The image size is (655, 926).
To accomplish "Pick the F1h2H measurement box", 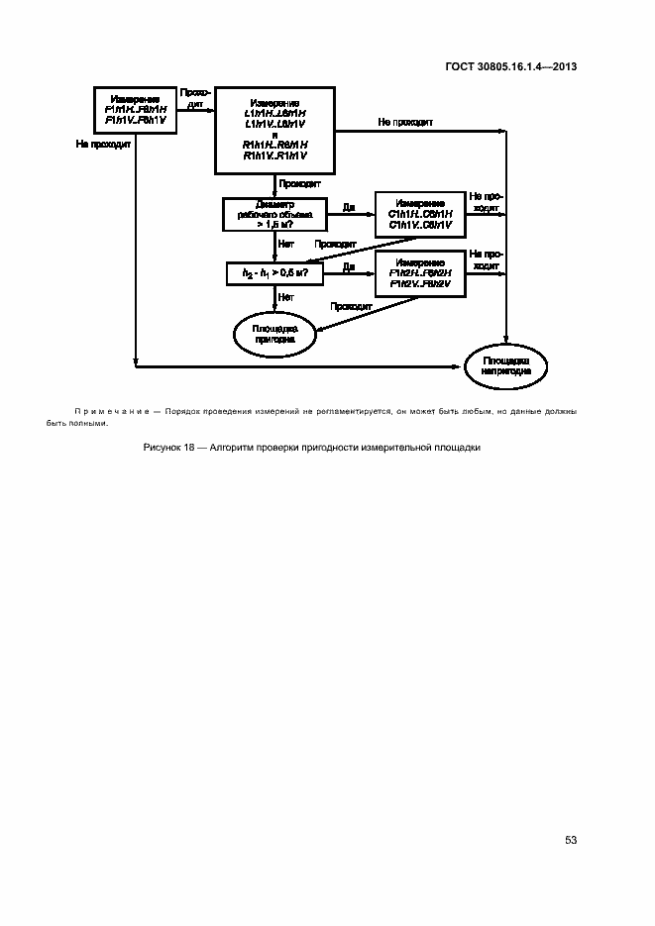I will point(420,272).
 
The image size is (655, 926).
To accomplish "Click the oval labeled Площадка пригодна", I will point(273,333).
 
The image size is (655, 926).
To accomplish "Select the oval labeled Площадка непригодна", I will point(507,366).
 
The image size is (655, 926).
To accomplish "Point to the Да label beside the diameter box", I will point(349,207).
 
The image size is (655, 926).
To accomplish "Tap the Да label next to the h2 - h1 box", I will point(349,266).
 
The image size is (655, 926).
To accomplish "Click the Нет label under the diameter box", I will point(285,244).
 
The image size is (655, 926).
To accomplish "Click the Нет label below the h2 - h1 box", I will point(285,296).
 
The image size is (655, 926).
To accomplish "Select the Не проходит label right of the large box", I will point(403,122).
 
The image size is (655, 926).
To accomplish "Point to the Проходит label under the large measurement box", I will point(299,184).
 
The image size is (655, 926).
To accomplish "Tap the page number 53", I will point(571,840).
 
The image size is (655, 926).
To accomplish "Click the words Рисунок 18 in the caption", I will point(169,448).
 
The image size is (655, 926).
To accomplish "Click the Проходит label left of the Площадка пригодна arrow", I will point(351,306).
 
